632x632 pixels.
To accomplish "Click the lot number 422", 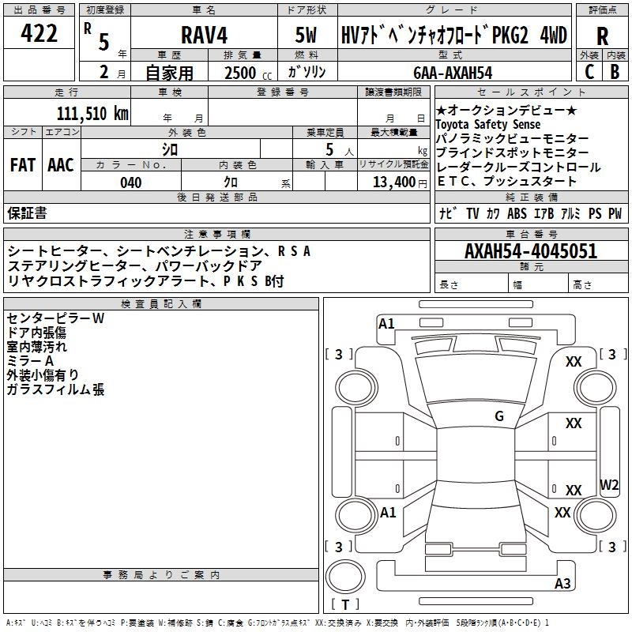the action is point(39,33).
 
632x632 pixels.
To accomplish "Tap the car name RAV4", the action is point(205,35).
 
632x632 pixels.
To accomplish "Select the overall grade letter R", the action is point(602,36).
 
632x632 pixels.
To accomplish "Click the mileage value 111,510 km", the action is point(92,114).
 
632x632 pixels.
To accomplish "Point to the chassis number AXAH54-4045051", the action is point(531,251).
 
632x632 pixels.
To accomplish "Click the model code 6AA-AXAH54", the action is point(453,73).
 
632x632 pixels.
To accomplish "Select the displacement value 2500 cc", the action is point(248,73).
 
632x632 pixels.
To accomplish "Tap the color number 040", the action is point(131,182).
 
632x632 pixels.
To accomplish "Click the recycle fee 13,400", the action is point(394,182).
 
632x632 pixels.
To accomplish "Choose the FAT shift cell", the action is point(23,165).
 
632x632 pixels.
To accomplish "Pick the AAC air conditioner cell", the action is point(61,165).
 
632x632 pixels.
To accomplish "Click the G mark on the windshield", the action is point(499,416).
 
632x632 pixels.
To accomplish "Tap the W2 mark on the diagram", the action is point(609,484).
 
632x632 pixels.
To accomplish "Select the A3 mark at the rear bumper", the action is point(562,583).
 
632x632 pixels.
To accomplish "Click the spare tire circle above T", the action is point(345,577).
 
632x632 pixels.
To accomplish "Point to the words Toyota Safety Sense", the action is point(488,124).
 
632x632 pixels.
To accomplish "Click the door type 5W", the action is point(307,35).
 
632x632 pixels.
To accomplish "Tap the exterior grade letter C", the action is point(589,72).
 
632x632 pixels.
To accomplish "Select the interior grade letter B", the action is point(615,72).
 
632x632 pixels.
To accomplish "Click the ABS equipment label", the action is point(517,213).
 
